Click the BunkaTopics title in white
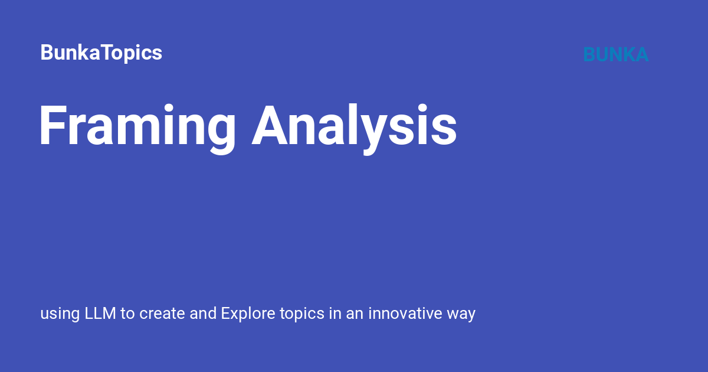pos(101,53)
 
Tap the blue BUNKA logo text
pos(615,54)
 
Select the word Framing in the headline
pos(137,127)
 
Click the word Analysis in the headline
pos(354,127)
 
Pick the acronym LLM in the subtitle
pos(101,314)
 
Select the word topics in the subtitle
pos(302,314)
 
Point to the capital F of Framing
pos(51,126)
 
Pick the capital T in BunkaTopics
pos(99,53)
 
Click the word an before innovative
pos(354,314)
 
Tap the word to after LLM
pos(128,314)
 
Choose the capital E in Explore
pos(226,314)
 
